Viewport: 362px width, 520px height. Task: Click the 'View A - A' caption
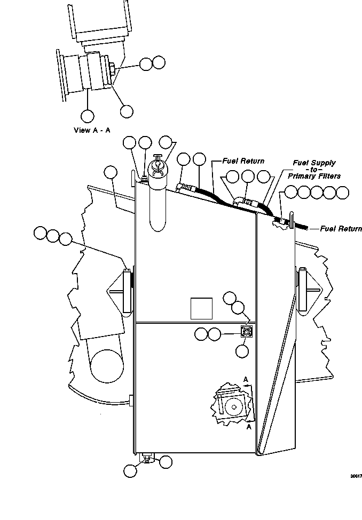(92, 130)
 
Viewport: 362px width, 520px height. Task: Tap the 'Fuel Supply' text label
(314, 163)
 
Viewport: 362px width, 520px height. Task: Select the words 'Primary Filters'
(314, 176)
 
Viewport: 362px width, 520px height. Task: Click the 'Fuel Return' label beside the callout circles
(243, 161)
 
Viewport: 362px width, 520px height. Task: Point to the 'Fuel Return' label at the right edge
(341, 228)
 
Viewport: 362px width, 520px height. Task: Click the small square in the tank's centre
(201, 308)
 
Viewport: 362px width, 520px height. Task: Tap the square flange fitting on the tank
(247, 331)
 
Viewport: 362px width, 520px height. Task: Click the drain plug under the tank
(146, 458)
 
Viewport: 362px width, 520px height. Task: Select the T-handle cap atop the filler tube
(157, 159)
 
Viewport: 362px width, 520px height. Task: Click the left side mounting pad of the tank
(128, 291)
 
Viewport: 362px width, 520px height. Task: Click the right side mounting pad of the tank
(302, 290)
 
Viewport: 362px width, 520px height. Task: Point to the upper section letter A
(246, 379)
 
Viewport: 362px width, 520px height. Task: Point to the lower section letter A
(249, 427)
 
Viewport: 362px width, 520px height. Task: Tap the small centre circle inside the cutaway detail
(233, 407)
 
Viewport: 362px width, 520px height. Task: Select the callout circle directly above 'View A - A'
(88, 116)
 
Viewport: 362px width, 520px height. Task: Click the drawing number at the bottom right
(356, 476)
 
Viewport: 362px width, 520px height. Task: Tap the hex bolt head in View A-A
(112, 68)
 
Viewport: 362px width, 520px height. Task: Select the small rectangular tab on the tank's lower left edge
(131, 401)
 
